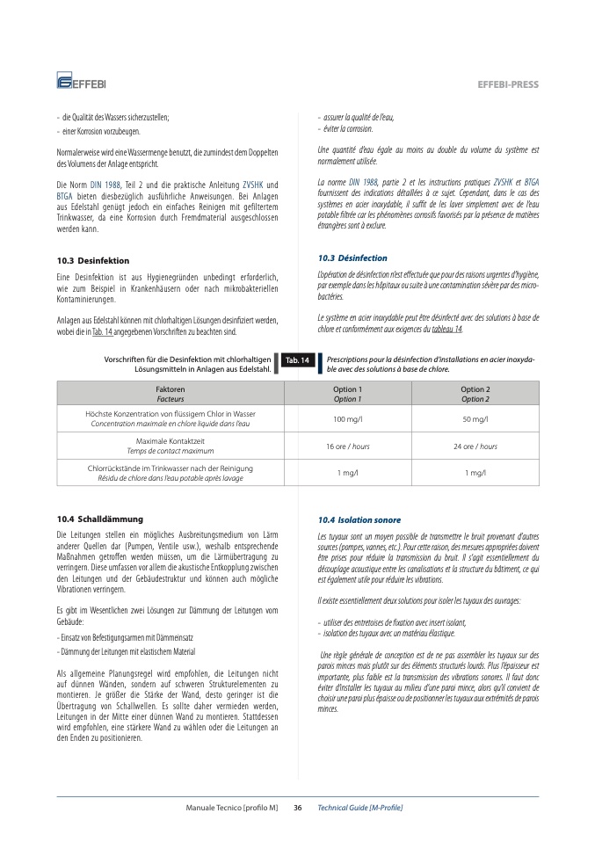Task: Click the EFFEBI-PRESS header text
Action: [507, 84]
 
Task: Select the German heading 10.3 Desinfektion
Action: [92, 261]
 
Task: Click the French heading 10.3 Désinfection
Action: [352, 258]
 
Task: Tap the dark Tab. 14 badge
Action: [297, 360]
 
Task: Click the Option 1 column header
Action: [346, 394]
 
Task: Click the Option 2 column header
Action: [475, 394]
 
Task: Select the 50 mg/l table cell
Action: [475, 419]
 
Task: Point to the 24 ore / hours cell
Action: [475, 446]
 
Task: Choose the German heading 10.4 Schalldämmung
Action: [99, 519]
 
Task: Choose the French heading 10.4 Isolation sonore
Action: [359, 520]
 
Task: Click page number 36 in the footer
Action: [297, 808]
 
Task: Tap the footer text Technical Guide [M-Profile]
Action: [359, 808]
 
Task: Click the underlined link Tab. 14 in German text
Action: [102, 331]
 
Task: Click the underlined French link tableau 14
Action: [446, 330]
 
